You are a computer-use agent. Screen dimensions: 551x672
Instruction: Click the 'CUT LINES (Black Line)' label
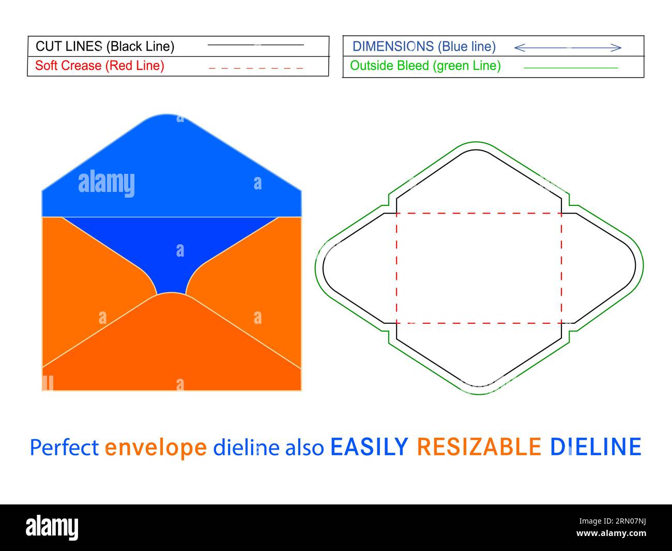click(105, 47)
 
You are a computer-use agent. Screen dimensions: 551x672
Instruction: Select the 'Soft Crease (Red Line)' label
click(100, 66)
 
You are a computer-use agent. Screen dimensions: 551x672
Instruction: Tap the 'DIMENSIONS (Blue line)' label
click(424, 47)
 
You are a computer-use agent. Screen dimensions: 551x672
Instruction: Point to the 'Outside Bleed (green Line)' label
click(425, 66)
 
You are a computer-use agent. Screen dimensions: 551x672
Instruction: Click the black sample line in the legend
click(255, 45)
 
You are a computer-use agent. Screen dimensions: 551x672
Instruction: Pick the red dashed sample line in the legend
click(255, 68)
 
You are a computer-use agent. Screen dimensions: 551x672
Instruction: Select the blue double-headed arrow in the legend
click(568, 48)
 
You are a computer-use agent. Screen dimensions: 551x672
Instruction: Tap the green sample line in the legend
click(570, 68)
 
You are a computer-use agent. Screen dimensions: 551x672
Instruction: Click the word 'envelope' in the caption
click(155, 447)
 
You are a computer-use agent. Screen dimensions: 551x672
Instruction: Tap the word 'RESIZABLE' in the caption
click(479, 447)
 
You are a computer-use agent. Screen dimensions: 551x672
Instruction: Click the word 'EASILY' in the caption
click(369, 447)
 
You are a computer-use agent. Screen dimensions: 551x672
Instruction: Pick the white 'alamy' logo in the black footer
click(52, 527)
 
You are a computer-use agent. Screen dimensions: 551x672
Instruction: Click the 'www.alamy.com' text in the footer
click(611, 533)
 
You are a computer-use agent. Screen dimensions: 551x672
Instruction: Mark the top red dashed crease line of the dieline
click(479, 213)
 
